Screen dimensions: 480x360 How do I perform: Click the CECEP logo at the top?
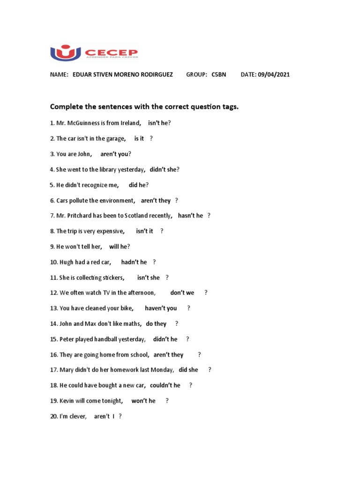click(x=94, y=52)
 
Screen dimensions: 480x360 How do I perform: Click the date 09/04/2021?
click(x=273, y=75)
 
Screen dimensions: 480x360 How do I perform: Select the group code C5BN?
click(x=218, y=75)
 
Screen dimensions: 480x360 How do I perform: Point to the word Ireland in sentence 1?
click(x=129, y=123)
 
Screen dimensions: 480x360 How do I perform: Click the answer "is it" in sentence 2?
click(x=139, y=138)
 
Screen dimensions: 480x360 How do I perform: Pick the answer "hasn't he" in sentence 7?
click(x=190, y=216)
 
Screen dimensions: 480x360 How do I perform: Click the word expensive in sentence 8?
click(x=109, y=231)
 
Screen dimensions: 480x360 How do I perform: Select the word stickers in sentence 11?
click(x=111, y=277)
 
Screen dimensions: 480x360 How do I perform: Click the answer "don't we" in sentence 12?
click(x=182, y=292)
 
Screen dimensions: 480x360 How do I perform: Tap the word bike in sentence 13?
click(x=126, y=308)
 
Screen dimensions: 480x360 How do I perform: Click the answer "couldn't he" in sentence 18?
click(x=165, y=385)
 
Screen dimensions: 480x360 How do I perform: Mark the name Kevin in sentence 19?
click(x=68, y=401)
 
